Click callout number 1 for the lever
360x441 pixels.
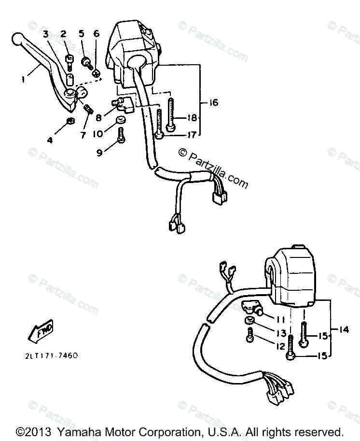pos(22,80)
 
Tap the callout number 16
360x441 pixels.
pos(213,102)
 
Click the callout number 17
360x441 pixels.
pos(191,135)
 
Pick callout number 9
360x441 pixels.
pos(99,152)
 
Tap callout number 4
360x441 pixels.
pos(49,141)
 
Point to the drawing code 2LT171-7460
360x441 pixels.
pos(51,356)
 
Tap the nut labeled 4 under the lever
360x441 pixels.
pos(69,120)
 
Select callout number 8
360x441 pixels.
pos(98,116)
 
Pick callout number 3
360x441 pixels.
pos(46,34)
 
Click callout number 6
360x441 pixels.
pos(96,34)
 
